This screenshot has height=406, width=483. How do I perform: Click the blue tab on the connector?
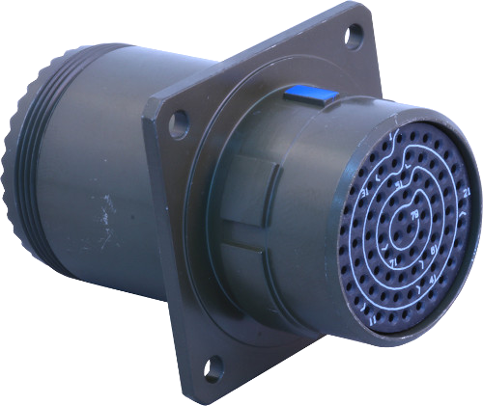click(311, 95)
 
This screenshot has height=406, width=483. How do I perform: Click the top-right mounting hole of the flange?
click(354, 35)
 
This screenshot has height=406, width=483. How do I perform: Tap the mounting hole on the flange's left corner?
click(178, 122)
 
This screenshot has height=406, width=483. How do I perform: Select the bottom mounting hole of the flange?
click(213, 367)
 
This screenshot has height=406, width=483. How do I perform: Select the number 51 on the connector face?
click(398, 183)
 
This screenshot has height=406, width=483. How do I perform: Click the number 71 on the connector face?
click(392, 263)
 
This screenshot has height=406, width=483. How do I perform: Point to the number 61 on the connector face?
click(434, 251)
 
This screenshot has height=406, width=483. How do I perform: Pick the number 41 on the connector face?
click(432, 278)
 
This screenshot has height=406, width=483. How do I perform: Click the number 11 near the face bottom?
click(373, 319)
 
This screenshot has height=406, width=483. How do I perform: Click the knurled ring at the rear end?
click(21, 164)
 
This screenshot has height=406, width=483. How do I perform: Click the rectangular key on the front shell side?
click(249, 194)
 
